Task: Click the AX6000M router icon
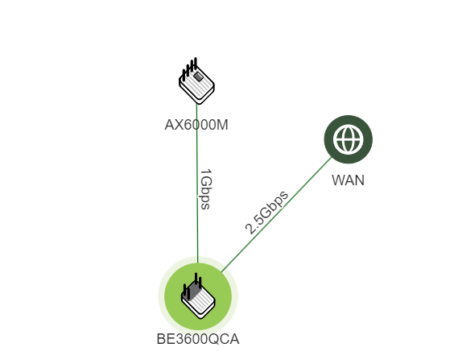tap(196, 81)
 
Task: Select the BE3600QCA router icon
tap(198, 296)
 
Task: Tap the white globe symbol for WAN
tap(348, 139)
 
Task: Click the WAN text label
tap(348, 180)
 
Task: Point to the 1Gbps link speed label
tap(205, 189)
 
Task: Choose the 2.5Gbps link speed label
tap(266, 212)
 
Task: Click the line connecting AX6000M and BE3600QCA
tap(197, 183)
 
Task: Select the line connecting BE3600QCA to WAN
tap(277, 214)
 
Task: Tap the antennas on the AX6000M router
tap(190, 68)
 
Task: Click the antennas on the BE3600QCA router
tap(192, 285)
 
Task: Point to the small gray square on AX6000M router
tap(198, 77)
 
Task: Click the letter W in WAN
tap(338, 180)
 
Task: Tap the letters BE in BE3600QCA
tap(166, 339)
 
